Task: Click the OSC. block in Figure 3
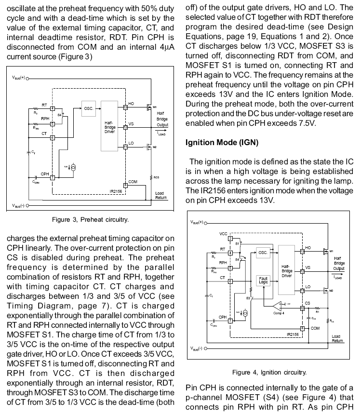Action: coord(89,109)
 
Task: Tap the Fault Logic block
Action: coord(263,280)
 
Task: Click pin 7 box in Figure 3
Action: coord(53,177)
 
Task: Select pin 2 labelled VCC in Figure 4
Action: coord(230,239)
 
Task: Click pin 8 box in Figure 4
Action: coord(302,328)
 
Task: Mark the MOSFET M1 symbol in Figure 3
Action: coord(149,108)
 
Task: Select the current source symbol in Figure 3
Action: coord(73,167)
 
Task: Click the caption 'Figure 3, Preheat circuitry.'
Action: coord(90,220)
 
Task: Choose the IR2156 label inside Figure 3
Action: coord(117,190)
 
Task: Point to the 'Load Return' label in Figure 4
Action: coord(336,338)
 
